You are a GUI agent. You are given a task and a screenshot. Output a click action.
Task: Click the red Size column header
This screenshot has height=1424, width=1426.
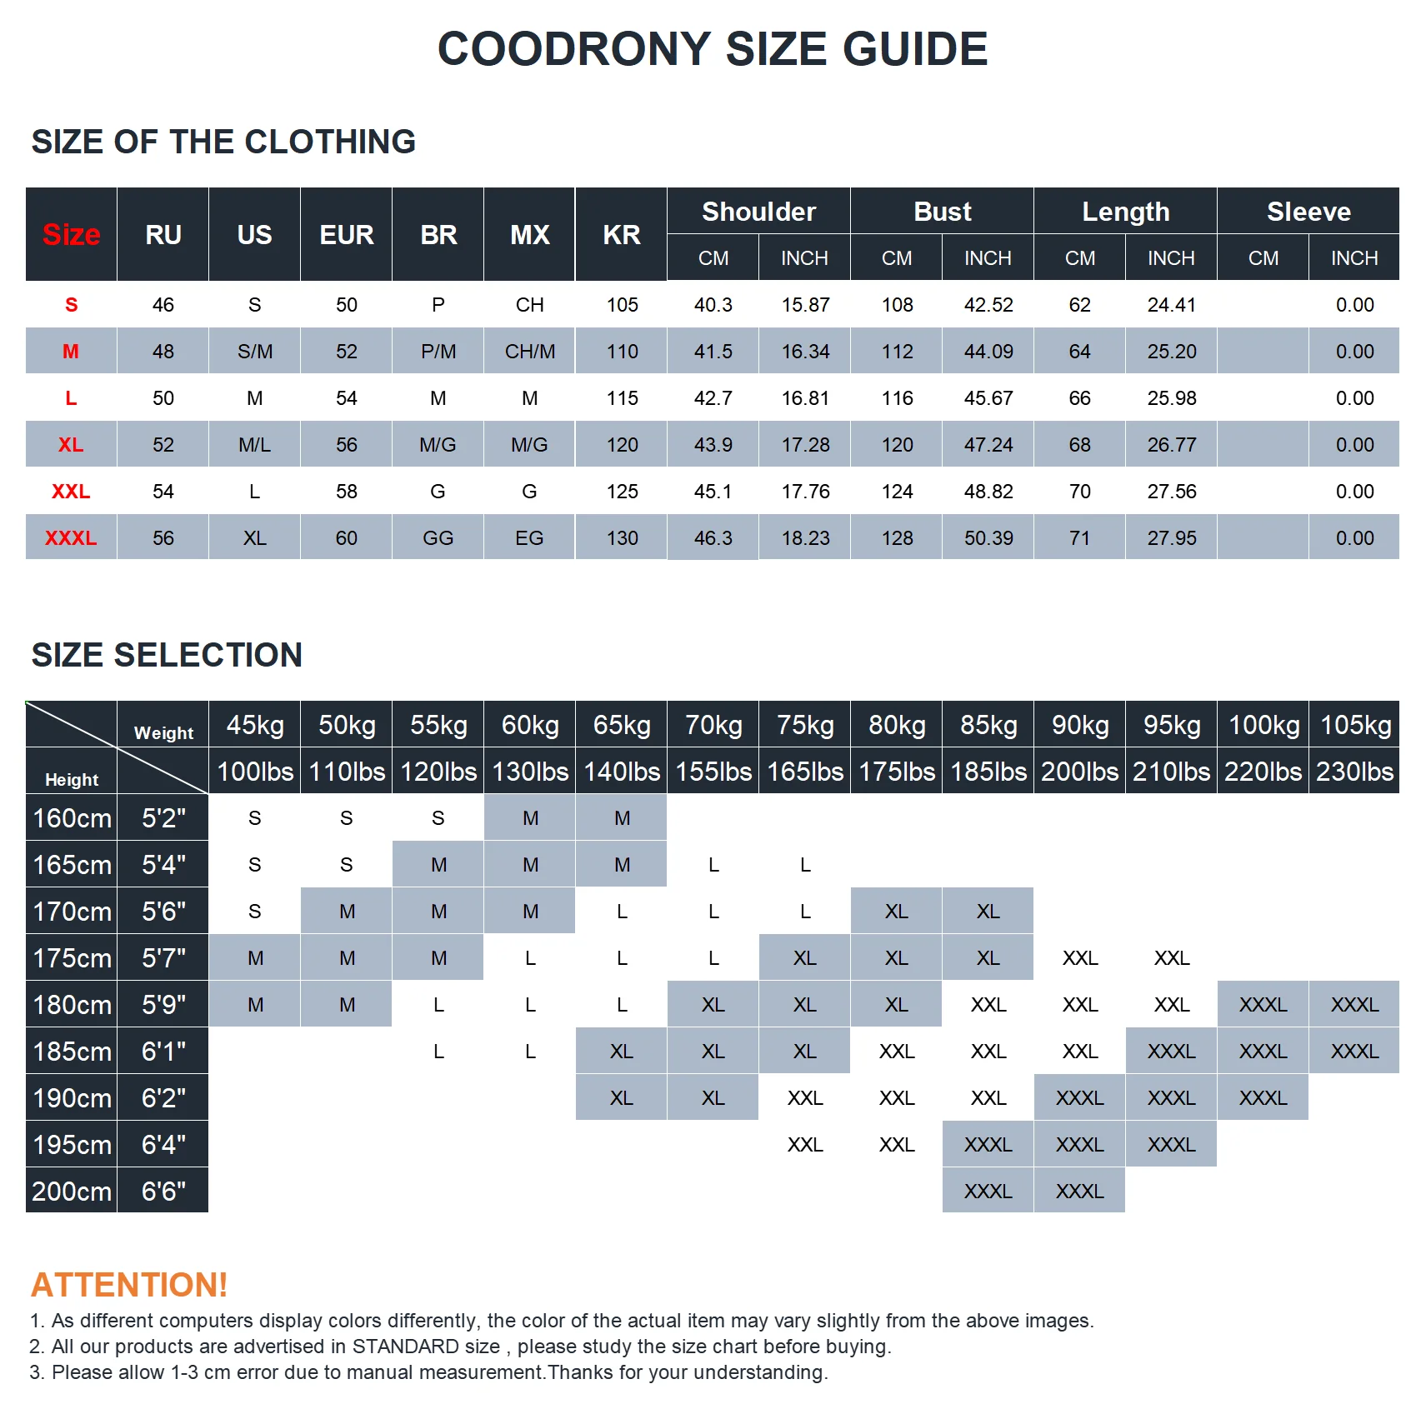[x=71, y=235]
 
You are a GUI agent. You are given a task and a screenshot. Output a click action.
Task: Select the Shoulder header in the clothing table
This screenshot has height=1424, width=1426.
[x=758, y=212]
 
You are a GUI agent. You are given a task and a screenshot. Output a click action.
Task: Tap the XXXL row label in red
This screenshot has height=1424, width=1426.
[x=71, y=538]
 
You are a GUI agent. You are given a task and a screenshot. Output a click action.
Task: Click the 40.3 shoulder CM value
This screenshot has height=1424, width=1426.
[x=713, y=305]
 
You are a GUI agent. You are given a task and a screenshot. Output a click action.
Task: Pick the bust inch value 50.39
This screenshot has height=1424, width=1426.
[x=988, y=538]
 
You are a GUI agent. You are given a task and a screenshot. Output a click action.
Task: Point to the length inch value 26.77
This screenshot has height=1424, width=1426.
[x=1171, y=445]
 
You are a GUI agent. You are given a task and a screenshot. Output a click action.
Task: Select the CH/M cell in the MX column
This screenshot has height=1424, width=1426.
[x=530, y=352]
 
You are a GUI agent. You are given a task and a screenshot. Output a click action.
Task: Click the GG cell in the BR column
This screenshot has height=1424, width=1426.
[x=438, y=538]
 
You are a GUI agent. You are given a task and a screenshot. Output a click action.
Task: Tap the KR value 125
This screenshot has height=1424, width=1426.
[x=622, y=492]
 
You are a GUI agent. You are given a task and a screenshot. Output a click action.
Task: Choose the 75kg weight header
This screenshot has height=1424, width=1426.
[x=805, y=725]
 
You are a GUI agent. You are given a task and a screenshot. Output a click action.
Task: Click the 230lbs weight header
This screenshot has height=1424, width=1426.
[x=1354, y=772]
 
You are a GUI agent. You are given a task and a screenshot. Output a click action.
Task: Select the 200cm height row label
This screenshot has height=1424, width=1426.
[x=72, y=1192]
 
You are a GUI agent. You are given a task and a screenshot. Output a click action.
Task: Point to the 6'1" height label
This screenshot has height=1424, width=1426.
[x=163, y=1052]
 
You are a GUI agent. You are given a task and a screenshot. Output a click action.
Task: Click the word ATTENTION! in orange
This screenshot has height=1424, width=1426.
[x=129, y=1285]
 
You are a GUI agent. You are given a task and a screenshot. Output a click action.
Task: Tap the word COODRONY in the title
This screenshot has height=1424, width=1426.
[x=574, y=49]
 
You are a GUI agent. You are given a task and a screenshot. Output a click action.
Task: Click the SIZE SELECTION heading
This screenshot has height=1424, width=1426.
[x=167, y=655]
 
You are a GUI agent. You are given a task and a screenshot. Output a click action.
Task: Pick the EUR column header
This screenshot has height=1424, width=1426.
[x=346, y=235]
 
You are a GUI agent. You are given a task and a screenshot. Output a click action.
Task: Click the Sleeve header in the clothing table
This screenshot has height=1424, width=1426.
[x=1308, y=212]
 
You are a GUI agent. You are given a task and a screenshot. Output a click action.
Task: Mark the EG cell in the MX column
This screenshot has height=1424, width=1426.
[x=529, y=538]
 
